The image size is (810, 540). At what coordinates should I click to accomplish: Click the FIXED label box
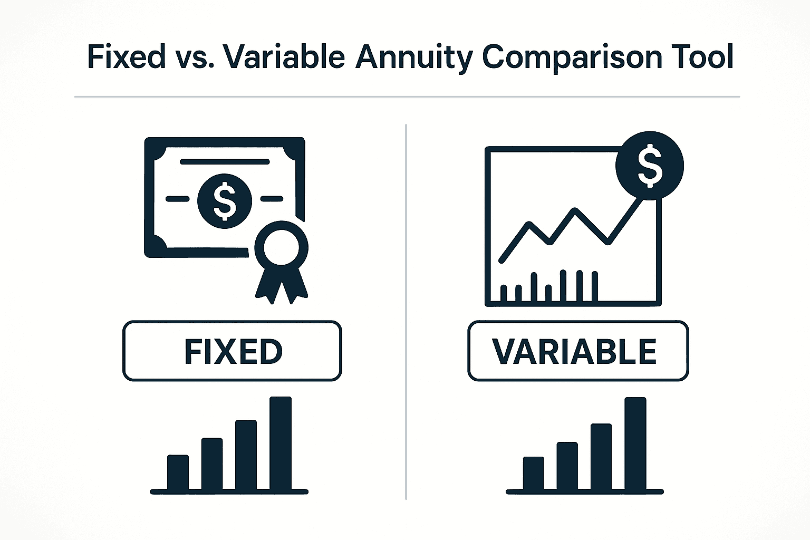(x=232, y=351)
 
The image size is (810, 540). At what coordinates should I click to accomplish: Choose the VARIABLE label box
(x=578, y=351)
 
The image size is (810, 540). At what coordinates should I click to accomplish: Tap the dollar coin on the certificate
(x=225, y=201)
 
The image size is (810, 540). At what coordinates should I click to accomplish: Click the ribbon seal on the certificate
(x=281, y=248)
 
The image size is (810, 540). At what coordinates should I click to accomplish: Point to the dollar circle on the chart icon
(x=650, y=166)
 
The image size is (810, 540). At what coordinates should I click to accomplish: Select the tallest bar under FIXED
(x=281, y=443)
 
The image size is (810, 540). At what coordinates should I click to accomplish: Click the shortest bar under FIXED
(x=178, y=472)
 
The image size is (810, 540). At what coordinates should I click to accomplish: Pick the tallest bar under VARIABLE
(x=635, y=443)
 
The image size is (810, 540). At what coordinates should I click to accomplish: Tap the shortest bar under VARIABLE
(x=533, y=473)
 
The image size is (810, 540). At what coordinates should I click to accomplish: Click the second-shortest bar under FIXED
(x=212, y=464)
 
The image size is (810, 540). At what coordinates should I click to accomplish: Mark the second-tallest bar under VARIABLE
(x=601, y=457)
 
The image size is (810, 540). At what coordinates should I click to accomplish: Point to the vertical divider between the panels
(x=406, y=311)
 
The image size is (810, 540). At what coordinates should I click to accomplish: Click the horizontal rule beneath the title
(x=407, y=97)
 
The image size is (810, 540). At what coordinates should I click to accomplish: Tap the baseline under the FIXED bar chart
(x=229, y=491)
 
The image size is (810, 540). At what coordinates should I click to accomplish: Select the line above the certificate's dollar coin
(x=225, y=162)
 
